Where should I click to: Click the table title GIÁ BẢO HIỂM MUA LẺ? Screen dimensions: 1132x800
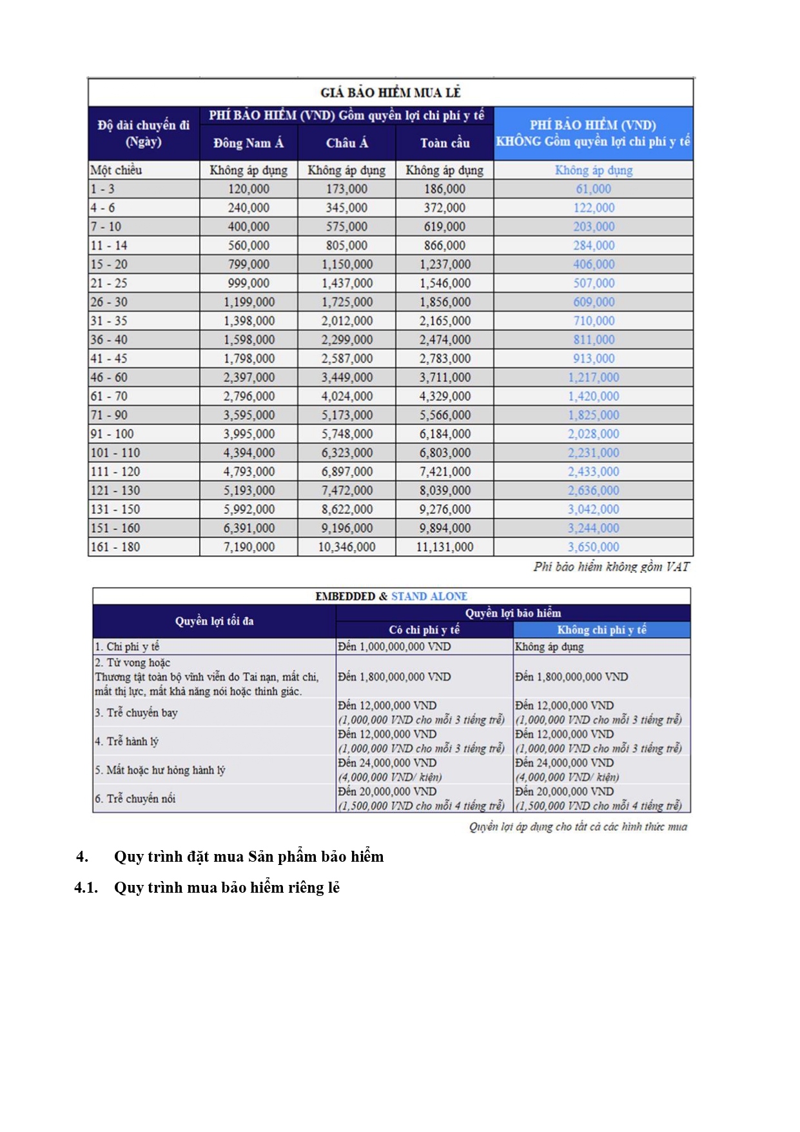(x=390, y=92)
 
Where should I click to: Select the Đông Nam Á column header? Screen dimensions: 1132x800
(x=248, y=143)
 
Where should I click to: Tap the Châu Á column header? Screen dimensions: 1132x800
(x=347, y=143)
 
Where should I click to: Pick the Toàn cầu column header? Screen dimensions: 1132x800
(x=445, y=143)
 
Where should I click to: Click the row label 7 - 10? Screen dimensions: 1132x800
(x=106, y=226)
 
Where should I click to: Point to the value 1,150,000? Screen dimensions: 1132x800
(x=347, y=264)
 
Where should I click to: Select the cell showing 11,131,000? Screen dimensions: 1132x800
(x=445, y=547)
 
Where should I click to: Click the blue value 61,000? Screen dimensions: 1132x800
(x=593, y=189)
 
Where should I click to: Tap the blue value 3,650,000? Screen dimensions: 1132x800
(x=593, y=547)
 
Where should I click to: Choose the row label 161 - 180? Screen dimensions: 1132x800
(x=115, y=547)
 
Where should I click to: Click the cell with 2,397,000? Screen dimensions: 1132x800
(x=249, y=377)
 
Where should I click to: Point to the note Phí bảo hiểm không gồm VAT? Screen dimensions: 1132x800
(x=611, y=567)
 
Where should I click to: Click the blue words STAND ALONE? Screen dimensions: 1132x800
(x=429, y=596)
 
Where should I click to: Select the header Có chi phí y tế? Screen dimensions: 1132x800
(x=424, y=630)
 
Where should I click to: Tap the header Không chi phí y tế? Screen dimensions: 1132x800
(x=601, y=630)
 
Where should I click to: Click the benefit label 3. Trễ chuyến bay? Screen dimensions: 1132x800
(x=136, y=713)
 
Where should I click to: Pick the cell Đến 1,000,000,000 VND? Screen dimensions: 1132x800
(x=395, y=646)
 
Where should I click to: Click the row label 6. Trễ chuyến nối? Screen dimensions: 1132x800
(x=135, y=799)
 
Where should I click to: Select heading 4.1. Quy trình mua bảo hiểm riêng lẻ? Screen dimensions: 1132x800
(x=207, y=888)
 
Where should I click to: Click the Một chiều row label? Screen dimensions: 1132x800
(x=116, y=170)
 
